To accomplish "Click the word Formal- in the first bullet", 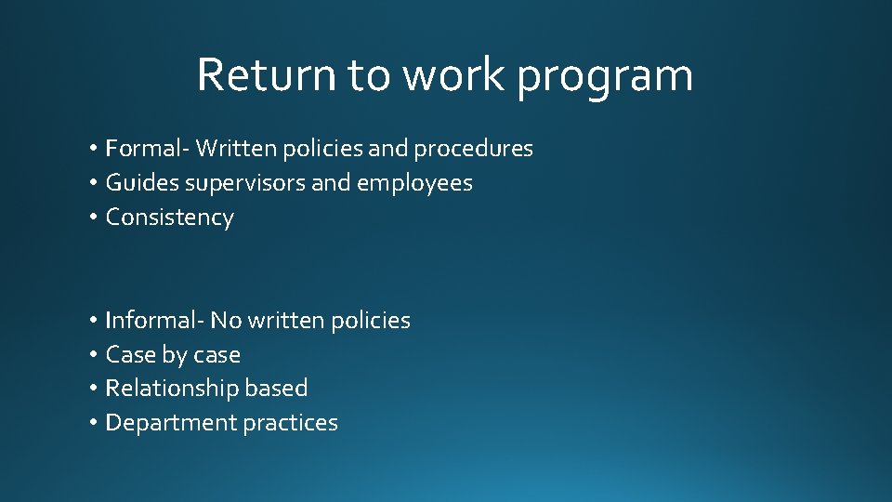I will [147, 149].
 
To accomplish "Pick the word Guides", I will [142, 183].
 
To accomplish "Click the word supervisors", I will [245, 184].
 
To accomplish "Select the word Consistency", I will [169, 218].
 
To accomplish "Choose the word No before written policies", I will [226, 321].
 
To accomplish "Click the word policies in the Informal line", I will [372, 322].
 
